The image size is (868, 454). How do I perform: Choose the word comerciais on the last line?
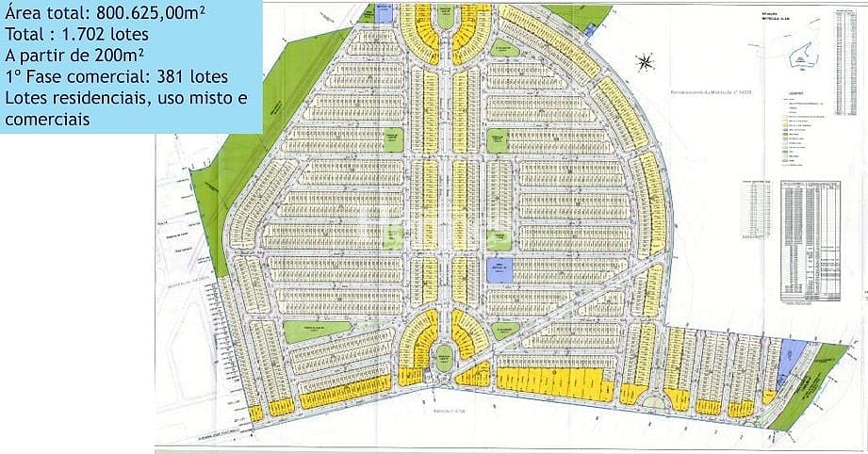coord(47,119)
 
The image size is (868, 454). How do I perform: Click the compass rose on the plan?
coord(645,64)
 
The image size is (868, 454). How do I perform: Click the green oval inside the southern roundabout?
coord(443,360)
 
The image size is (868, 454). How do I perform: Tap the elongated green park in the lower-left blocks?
coord(318,331)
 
